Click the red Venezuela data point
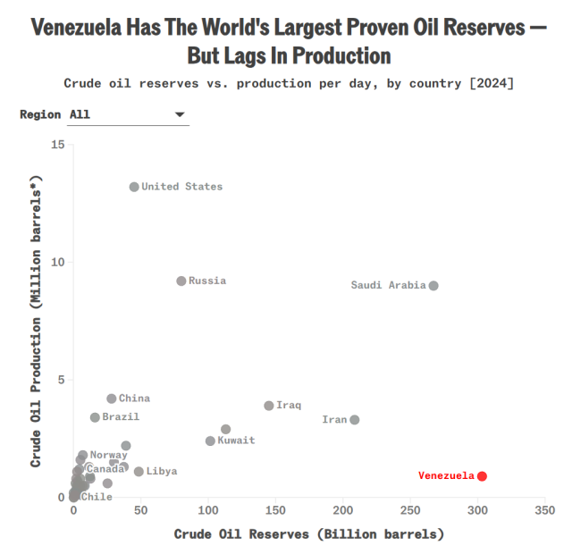point(482,475)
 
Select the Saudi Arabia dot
point(433,286)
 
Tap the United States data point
point(134,187)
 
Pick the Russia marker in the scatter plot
point(181,281)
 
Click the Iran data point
point(355,420)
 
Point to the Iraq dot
point(269,406)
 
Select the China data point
point(112,399)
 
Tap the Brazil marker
point(95,417)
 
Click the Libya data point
point(139,472)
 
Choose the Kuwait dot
point(210,441)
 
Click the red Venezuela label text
point(446,475)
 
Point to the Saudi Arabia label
point(388,286)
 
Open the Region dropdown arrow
point(180,114)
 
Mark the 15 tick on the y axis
point(58,145)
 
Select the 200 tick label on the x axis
point(343,511)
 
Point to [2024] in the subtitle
point(490,84)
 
